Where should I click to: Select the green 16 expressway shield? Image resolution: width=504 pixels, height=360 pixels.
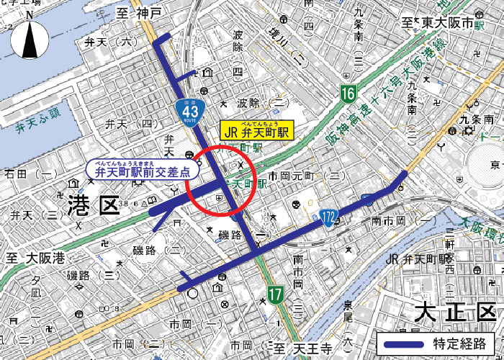(348, 93)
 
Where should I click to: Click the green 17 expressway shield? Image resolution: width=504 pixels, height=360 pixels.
(275, 293)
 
